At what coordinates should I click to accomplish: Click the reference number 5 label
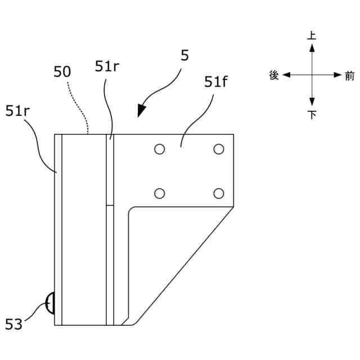click(185, 56)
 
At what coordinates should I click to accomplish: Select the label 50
click(62, 72)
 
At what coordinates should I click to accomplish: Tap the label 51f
click(216, 83)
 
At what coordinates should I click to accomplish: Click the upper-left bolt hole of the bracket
click(160, 149)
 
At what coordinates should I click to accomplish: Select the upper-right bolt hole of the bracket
click(219, 149)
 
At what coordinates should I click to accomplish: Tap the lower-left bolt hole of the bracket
click(160, 193)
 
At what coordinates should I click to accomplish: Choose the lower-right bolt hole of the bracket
click(219, 193)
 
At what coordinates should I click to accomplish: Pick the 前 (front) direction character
click(350, 76)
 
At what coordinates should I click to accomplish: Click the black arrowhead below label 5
click(142, 110)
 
